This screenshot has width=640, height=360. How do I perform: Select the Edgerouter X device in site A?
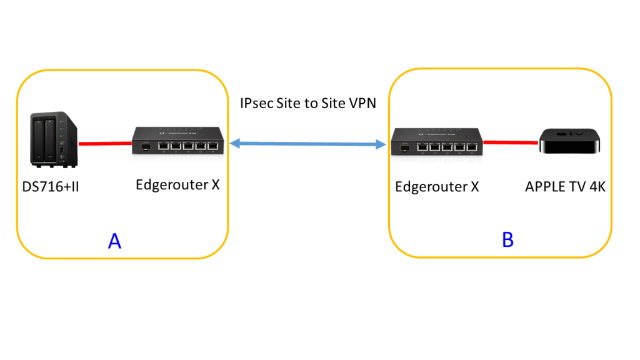[x=177, y=140]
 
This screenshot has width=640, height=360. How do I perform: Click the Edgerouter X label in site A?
[x=177, y=185]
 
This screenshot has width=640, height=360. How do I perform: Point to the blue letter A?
[x=114, y=241]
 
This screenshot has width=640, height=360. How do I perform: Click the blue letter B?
[x=507, y=239]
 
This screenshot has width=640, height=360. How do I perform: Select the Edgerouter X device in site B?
[x=437, y=141]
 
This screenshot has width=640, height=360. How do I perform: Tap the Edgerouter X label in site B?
[x=437, y=187]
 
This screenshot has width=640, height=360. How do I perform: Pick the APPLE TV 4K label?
[x=565, y=187]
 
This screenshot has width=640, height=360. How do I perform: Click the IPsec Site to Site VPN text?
[x=308, y=103]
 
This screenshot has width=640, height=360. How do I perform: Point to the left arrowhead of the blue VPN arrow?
[x=232, y=144]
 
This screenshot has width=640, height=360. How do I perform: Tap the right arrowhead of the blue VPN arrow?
[x=381, y=145]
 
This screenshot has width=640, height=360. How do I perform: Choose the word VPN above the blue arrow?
[x=362, y=103]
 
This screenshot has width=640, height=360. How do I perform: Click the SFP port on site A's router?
[x=144, y=147]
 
